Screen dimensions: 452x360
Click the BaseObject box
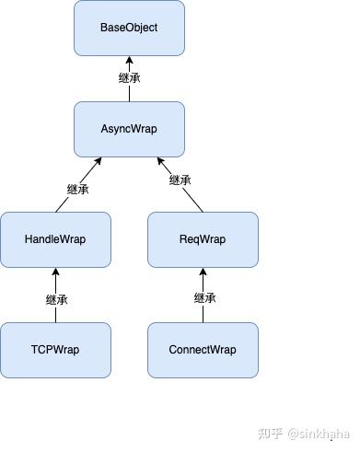tap(129, 28)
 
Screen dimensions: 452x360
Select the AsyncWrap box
tap(129, 129)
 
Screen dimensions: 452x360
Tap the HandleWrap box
tap(55, 239)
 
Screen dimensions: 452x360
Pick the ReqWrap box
tap(203, 239)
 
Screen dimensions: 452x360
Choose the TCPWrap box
tap(55, 350)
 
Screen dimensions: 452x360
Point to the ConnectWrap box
tap(203, 350)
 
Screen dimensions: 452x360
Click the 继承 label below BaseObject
tap(130, 78)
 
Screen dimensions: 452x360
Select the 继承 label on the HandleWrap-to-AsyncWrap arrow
tap(78, 189)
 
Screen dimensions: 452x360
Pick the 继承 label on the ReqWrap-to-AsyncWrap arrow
tap(180, 180)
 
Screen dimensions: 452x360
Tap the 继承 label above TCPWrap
tap(56, 299)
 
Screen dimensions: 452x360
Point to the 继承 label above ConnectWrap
tap(204, 298)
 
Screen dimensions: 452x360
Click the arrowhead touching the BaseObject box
tap(129, 60)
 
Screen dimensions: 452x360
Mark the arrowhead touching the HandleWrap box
tap(55, 272)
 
